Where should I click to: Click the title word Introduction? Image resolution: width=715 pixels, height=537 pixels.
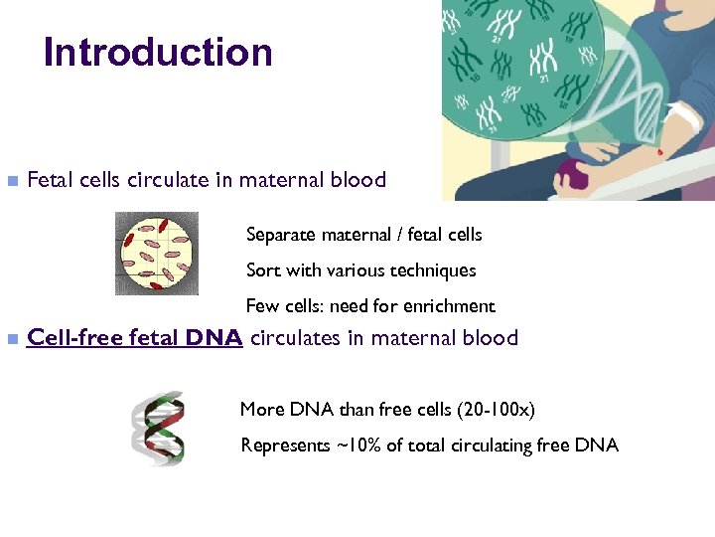tap(158, 53)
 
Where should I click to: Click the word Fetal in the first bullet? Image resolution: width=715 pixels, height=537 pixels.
tap(48, 180)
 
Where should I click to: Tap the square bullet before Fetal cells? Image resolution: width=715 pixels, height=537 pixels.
tap(12, 181)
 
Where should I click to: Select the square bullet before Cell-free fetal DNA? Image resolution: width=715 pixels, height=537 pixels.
tap(12, 338)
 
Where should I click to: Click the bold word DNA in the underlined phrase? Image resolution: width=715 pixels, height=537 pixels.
tap(214, 338)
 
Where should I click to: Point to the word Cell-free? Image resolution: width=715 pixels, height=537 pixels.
tap(68, 338)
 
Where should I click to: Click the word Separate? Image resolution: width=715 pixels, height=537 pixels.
tap(280, 235)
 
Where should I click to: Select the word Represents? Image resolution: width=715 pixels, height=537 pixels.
tap(284, 446)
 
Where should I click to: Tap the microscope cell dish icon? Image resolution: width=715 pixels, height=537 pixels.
tap(156, 253)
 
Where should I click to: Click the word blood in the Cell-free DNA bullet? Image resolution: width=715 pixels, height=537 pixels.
tap(493, 338)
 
